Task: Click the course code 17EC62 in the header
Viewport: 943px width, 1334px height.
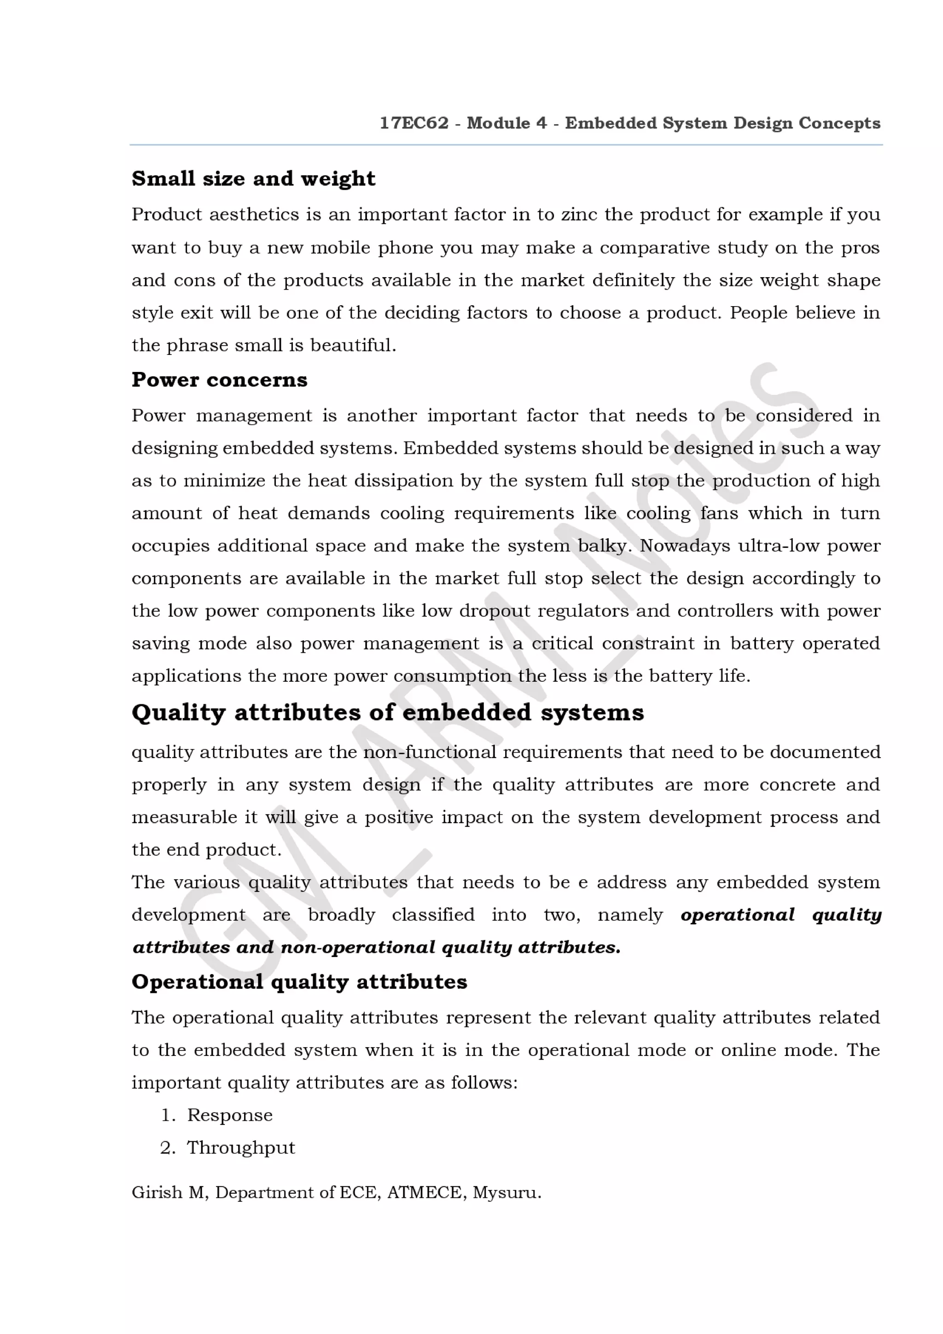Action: tap(413, 123)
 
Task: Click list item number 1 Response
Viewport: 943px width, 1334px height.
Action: tap(229, 1115)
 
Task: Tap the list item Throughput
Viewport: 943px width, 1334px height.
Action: tap(240, 1148)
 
